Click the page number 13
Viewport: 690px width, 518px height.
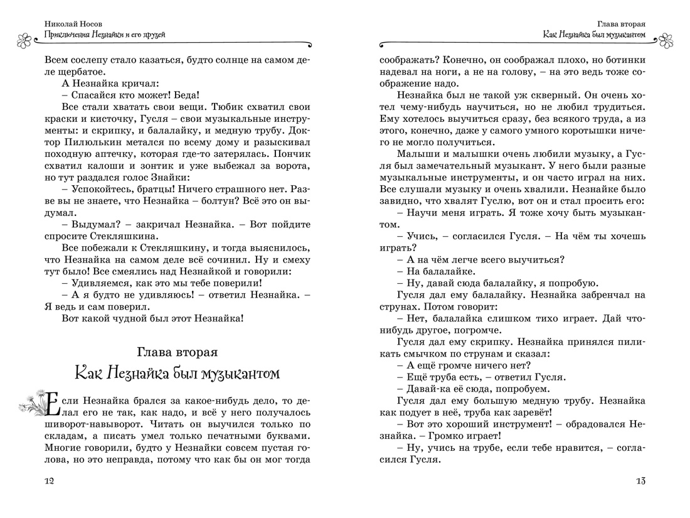[x=640, y=481]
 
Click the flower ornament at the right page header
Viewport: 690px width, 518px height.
[x=666, y=41]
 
